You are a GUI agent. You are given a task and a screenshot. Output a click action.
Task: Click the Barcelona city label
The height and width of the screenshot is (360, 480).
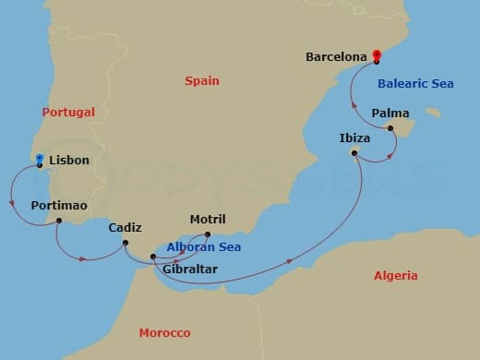(x=337, y=57)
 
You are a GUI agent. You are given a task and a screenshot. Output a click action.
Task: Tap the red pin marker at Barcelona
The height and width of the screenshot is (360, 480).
(x=377, y=54)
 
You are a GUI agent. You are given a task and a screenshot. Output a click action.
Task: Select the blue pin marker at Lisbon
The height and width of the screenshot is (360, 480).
(x=39, y=160)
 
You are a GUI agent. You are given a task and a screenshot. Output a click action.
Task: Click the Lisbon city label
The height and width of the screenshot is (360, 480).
(x=70, y=161)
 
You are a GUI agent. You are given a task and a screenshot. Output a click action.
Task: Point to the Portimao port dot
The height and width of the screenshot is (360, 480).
(x=59, y=221)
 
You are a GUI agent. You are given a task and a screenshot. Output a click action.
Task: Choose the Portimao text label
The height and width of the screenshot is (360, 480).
(x=59, y=205)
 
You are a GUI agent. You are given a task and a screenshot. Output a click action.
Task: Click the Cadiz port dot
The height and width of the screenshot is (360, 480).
(x=125, y=243)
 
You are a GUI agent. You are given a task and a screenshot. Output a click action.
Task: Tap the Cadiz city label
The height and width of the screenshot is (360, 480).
(x=125, y=227)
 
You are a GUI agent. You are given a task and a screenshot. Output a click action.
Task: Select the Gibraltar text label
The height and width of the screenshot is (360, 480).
(x=189, y=270)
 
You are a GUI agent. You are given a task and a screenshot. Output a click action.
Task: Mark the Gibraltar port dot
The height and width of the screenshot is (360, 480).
(x=153, y=256)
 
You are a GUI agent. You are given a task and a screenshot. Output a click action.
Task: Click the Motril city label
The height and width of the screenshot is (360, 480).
(x=207, y=220)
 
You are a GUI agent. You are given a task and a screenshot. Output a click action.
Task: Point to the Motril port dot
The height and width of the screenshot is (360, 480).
(x=207, y=234)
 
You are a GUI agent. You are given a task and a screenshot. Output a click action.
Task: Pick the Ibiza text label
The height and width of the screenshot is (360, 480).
(x=354, y=138)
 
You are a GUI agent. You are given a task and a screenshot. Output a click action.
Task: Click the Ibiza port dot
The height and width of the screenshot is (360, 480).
(x=355, y=152)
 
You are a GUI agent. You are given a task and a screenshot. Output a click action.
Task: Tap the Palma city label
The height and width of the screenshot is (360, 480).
(x=390, y=114)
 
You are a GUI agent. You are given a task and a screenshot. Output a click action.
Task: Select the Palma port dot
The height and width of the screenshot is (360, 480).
(x=390, y=128)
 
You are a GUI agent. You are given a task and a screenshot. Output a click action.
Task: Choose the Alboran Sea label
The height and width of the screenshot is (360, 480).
(x=203, y=247)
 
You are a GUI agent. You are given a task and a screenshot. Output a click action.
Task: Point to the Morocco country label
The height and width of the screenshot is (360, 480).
(x=164, y=332)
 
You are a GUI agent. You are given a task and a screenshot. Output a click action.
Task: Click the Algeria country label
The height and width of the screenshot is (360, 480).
(x=395, y=275)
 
